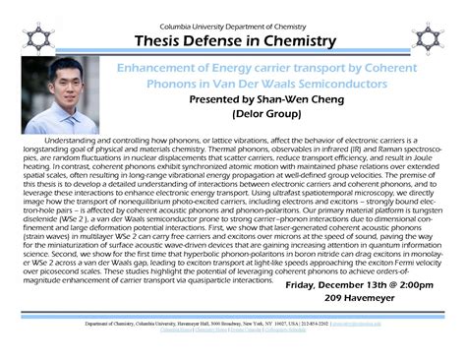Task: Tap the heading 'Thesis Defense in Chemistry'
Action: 233,42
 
